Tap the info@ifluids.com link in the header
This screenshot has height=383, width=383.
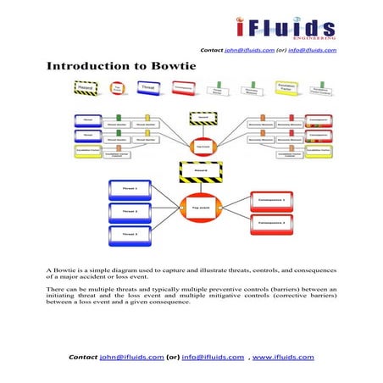314,50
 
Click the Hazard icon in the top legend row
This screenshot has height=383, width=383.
85,87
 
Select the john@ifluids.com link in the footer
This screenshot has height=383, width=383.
131,357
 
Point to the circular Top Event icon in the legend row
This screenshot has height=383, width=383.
116,87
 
